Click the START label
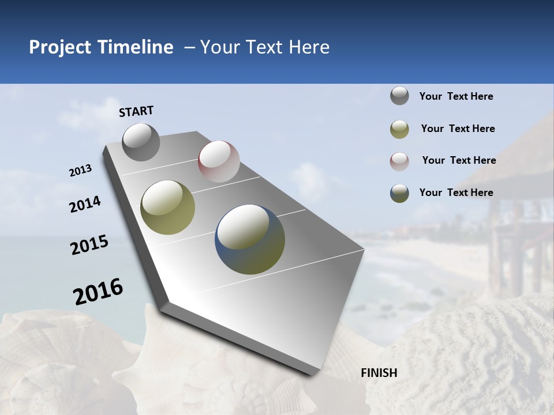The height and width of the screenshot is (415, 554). coord(136,111)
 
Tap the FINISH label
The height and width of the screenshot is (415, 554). coord(379,373)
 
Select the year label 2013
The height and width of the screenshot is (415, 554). coord(80,171)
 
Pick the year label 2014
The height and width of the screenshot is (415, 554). coord(85,205)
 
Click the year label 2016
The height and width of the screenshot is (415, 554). coord(98,292)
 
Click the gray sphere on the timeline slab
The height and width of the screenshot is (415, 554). coord(141,142)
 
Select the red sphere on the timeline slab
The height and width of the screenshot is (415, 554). coord(219,161)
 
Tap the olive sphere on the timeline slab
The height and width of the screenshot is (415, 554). coord(167,207)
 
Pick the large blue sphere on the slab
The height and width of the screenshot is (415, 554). coord(250,239)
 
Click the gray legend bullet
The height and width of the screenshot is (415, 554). coord(399,96)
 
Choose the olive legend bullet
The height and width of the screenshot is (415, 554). coord(399,129)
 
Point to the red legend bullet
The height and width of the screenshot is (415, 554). coord(399,161)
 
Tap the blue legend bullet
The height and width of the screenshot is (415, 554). coord(399,193)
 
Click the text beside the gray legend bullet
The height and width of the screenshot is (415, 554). coord(456,96)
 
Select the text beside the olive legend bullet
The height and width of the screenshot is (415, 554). coord(458,129)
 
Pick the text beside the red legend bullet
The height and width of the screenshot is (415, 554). coord(459,160)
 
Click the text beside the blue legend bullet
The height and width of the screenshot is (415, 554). coord(456,193)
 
